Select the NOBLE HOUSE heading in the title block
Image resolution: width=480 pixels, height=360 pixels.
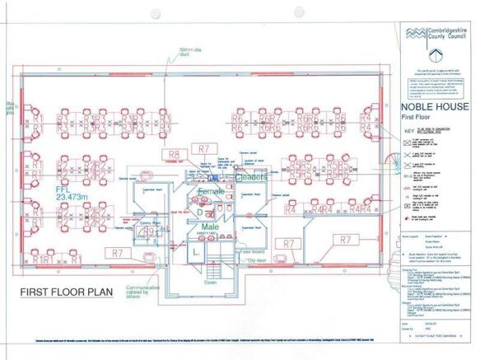434,107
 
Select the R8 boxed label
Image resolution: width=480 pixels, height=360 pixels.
174,154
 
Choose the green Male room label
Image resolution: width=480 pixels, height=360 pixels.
212,225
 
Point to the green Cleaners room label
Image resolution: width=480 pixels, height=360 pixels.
251,176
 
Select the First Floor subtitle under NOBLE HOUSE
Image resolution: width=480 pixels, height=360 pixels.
417,119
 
